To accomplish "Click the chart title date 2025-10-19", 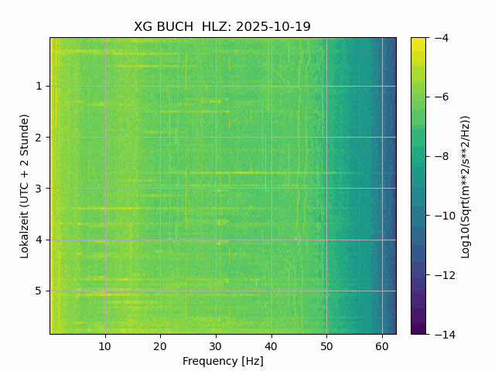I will tap(273, 27).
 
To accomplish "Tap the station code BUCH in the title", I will tap(177, 27).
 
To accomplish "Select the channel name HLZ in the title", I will tap(215, 27).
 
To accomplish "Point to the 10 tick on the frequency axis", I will tap(105, 345).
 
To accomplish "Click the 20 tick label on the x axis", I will tap(160, 345).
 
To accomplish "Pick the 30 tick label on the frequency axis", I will tap(216, 345).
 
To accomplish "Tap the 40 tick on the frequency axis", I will tap(271, 345).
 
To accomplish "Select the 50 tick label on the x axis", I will tap(326, 345).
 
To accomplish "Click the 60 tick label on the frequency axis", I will tap(382, 345).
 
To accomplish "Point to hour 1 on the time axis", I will tap(39, 87).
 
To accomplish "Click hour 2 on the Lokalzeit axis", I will tap(39, 138).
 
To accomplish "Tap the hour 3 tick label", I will tap(39, 189).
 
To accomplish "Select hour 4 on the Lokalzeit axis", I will tap(39, 240).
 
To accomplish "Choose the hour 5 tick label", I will tap(39, 291).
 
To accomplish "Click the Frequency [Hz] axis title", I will tap(223, 361).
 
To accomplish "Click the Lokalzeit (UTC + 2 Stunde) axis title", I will tap(25, 185).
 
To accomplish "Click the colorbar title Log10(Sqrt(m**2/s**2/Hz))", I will tap(466, 185).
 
